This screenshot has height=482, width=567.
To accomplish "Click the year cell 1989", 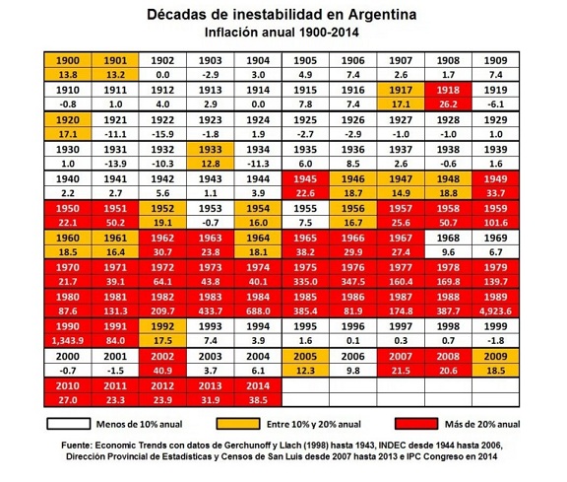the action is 495,297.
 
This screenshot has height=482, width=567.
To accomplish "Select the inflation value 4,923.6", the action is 495,311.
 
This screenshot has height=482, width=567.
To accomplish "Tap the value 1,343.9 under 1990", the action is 68,341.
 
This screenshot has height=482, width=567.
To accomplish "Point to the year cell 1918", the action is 448,90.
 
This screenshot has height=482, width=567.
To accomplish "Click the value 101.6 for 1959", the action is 495,223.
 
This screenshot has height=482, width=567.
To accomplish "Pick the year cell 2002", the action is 162,357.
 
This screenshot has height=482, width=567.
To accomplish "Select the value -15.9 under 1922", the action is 162,134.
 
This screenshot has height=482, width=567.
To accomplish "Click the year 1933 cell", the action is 211,149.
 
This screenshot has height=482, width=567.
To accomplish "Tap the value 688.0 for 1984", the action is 258,311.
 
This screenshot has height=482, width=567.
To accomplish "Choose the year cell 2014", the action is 258,386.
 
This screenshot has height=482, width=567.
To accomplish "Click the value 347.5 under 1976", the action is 353,282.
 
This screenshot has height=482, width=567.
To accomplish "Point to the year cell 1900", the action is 68,60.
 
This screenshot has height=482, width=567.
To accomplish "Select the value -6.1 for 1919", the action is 495,104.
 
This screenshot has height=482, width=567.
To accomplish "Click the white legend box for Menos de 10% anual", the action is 68,424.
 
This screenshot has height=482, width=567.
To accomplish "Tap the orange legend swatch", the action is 238,424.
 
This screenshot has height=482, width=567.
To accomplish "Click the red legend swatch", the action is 416,424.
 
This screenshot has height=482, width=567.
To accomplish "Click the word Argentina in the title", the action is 382,15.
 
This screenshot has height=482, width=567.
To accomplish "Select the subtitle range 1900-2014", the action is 329,33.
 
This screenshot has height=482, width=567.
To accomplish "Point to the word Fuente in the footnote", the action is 76,446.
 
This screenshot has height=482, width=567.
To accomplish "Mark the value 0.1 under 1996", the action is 353,341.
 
